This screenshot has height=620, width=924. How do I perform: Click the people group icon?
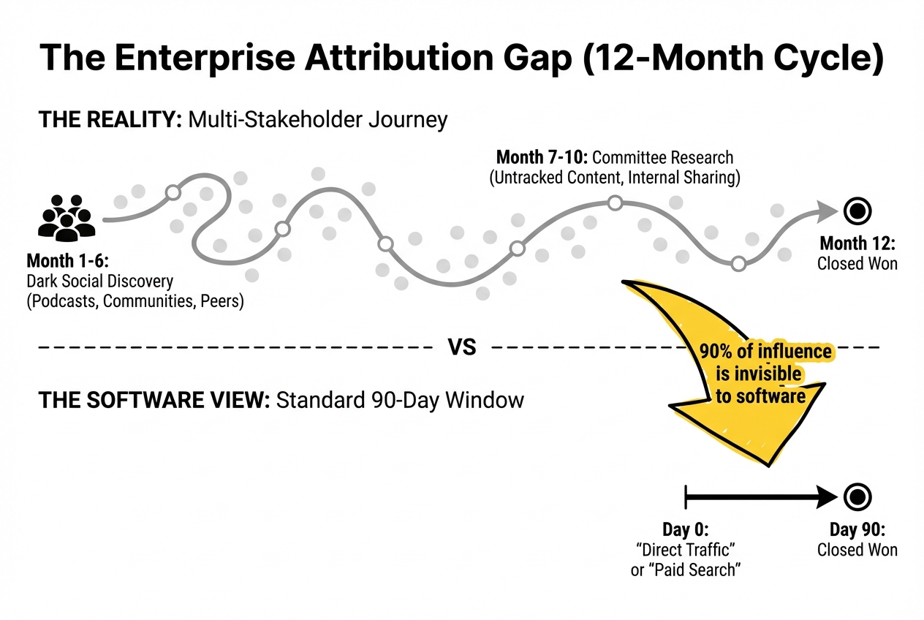[67, 217]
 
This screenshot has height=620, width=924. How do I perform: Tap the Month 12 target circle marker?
[857, 211]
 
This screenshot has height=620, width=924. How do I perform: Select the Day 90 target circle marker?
[857, 498]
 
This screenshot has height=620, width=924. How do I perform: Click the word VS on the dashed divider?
[462, 347]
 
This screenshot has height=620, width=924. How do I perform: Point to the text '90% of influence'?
[765, 352]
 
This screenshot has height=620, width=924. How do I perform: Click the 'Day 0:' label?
[686, 529]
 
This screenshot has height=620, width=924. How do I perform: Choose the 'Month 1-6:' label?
[58, 260]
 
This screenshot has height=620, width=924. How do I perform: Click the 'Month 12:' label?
[857, 243]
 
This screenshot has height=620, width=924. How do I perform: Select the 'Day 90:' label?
[857, 529]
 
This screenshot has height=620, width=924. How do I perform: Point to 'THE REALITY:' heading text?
[110, 119]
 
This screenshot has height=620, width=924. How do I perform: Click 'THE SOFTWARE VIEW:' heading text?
[154, 400]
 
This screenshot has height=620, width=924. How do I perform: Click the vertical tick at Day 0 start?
[686, 498]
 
